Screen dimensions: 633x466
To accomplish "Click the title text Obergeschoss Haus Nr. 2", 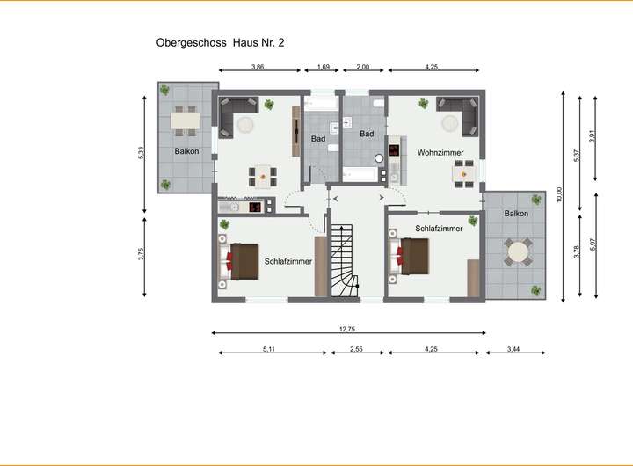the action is pyautogui.click(x=220, y=43).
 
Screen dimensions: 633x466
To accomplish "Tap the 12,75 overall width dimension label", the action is pyautogui.click(x=347, y=329).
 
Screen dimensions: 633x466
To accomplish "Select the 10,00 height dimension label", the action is pyautogui.click(x=559, y=194).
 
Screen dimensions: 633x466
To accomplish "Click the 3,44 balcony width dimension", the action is pyautogui.click(x=513, y=349).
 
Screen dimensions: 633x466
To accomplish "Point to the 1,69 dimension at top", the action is pyautogui.click(x=324, y=67).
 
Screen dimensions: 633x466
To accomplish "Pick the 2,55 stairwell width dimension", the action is pyautogui.click(x=356, y=349).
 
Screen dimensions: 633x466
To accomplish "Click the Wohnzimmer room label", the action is pyautogui.click(x=440, y=153).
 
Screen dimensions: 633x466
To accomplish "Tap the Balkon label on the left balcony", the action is pyautogui.click(x=186, y=151).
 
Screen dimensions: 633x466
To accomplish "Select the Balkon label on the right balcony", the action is pyautogui.click(x=516, y=213).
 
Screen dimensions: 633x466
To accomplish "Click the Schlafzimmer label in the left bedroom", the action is pyautogui.click(x=288, y=262).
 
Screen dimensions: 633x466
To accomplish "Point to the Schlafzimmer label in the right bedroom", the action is pyautogui.click(x=439, y=229).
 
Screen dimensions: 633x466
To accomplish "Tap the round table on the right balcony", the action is pyautogui.click(x=518, y=252).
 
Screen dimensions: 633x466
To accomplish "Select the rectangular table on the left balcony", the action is pyautogui.click(x=186, y=120).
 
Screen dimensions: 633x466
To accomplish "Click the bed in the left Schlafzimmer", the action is pyautogui.click(x=238, y=261).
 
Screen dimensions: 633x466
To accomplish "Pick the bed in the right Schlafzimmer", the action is pyautogui.click(x=409, y=257).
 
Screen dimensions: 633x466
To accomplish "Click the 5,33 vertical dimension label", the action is pyautogui.click(x=141, y=153).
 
